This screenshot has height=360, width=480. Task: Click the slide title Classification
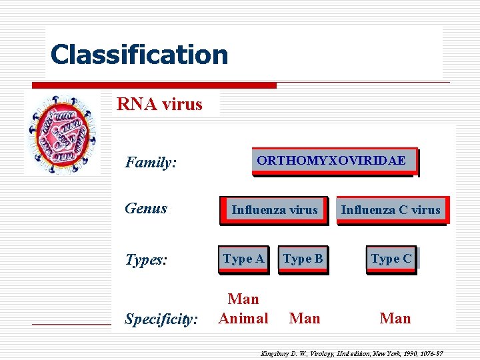(139, 55)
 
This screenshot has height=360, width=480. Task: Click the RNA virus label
(159, 104)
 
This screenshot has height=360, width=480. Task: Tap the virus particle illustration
(63, 133)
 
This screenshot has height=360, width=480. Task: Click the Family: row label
(151, 162)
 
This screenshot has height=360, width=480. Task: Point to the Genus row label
(146, 208)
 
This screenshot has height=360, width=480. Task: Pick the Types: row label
(146, 259)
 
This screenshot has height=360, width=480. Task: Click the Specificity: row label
(161, 319)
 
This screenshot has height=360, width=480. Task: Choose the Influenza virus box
(275, 210)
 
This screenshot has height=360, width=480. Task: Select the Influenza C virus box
(391, 210)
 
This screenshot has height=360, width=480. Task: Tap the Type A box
(243, 259)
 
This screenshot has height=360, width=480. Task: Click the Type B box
(303, 259)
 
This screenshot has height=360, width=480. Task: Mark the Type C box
(391, 259)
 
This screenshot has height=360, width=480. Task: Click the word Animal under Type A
(243, 319)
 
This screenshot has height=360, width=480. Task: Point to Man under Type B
(305, 319)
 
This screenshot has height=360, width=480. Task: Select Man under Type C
(395, 319)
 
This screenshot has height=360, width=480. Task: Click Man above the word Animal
(243, 299)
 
